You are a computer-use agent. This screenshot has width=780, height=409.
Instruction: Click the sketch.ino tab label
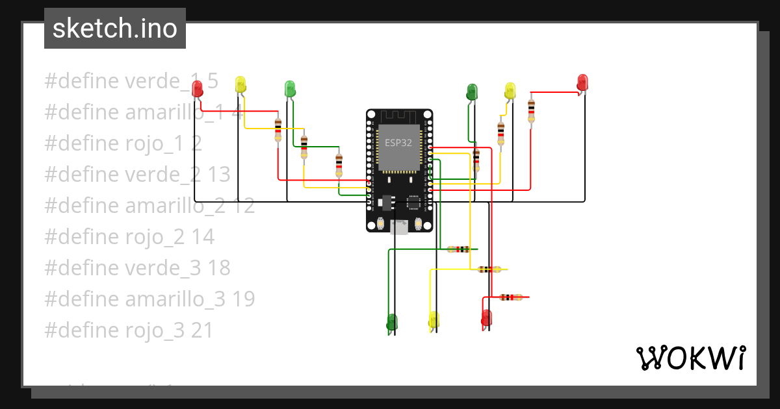point(115,29)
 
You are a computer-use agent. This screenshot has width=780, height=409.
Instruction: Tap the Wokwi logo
point(690,358)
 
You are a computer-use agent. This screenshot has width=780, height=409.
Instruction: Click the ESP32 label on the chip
point(398,143)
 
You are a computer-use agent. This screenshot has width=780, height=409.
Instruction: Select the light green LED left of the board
point(290,88)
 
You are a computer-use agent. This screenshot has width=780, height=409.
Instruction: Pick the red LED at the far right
point(582,82)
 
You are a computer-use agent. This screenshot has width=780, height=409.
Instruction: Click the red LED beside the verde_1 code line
point(197,88)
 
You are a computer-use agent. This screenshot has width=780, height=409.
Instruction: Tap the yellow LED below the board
point(434,319)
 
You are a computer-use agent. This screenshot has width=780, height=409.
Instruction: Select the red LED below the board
point(486,317)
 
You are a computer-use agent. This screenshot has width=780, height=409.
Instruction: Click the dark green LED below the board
point(391,321)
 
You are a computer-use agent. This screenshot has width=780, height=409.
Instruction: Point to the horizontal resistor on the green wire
point(460,249)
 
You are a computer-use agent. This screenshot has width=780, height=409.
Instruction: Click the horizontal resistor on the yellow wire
point(489,269)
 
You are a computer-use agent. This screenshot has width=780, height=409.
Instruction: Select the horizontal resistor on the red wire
point(511,297)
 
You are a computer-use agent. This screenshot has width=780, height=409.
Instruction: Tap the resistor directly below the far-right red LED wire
point(532,110)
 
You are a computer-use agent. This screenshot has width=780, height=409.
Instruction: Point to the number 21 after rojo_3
point(202,330)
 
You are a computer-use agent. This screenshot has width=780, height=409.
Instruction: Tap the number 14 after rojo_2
point(203,237)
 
